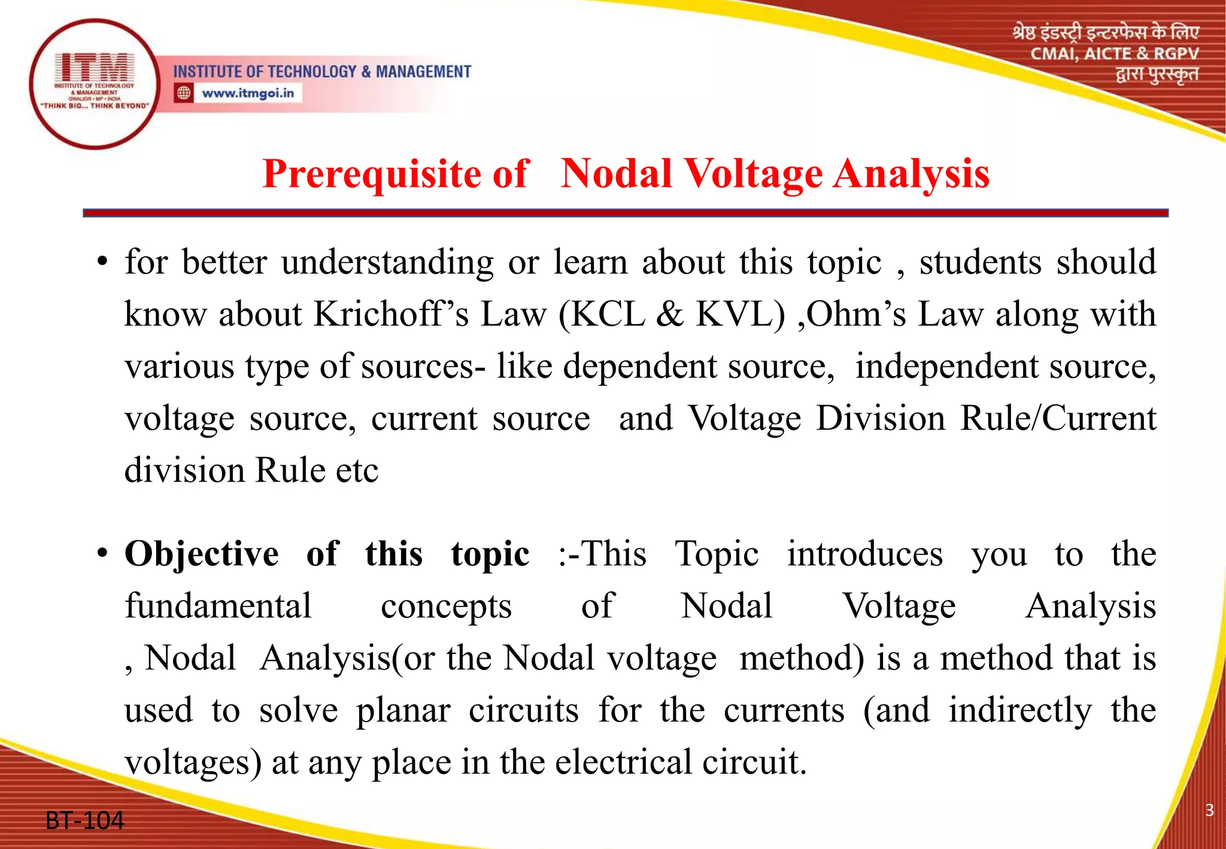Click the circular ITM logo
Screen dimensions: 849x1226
point(94,84)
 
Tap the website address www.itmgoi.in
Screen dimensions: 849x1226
point(247,93)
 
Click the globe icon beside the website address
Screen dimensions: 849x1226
point(184,93)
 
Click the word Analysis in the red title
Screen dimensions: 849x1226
point(911,174)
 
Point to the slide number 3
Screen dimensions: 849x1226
point(1209,810)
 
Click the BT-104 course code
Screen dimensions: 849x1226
point(84,820)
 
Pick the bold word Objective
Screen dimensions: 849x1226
point(201,553)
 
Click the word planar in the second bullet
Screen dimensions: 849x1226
point(403,711)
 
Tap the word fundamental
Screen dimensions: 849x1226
point(218,606)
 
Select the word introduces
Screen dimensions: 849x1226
point(864,553)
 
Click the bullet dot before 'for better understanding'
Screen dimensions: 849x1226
point(102,262)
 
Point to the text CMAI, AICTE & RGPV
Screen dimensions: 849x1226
point(1114,54)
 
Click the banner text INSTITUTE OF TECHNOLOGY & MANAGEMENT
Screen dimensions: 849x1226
point(322,72)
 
